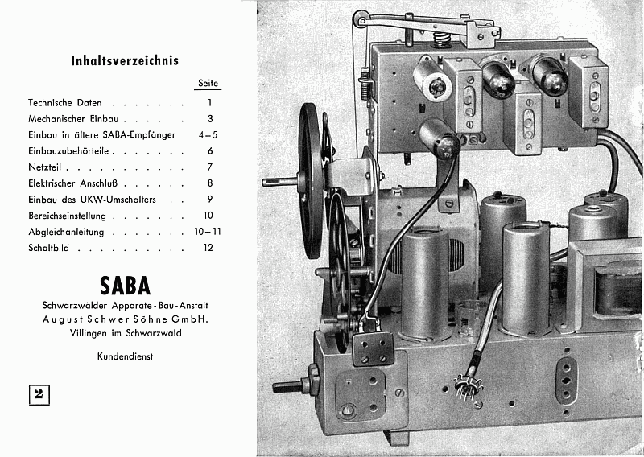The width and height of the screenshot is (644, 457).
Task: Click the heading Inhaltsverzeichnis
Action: point(125,60)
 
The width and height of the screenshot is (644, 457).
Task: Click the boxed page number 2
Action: point(39,394)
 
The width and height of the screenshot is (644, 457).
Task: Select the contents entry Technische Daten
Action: point(65,103)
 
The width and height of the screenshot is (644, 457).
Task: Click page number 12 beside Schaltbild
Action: point(208,248)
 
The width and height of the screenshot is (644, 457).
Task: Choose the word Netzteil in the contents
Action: point(45,167)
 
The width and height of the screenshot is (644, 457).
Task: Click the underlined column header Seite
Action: point(208,84)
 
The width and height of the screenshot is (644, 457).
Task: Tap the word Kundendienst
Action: point(126,355)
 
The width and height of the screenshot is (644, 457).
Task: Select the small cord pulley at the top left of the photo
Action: point(361,18)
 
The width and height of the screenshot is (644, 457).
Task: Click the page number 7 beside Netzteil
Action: point(208,167)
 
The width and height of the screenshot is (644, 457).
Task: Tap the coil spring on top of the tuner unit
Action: point(441,37)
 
